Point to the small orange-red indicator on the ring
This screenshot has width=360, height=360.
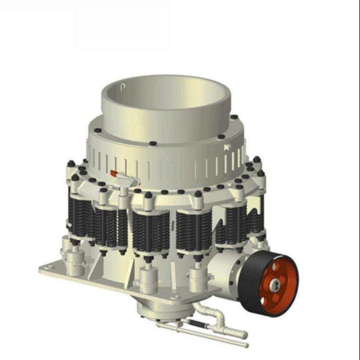[x=114, y=173]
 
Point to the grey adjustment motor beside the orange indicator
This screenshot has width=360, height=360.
[x=124, y=181]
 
